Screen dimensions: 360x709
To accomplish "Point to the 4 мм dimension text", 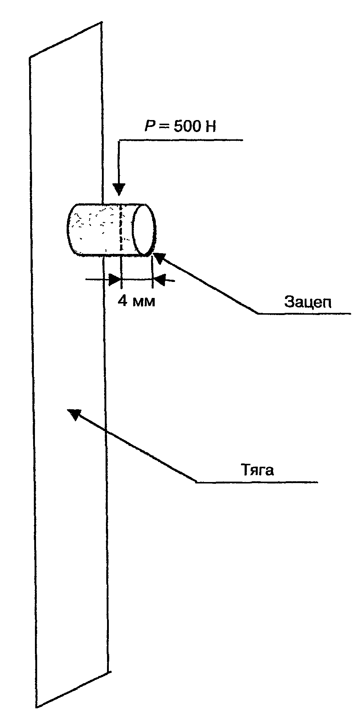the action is [x=137, y=301].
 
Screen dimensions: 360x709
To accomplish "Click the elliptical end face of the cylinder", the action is [x=144, y=229].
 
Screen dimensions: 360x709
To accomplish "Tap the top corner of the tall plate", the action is [x=100, y=23].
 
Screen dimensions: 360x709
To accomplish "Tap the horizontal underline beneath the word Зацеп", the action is [x=304, y=313].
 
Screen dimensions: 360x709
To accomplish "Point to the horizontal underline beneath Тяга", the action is [x=257, y=482].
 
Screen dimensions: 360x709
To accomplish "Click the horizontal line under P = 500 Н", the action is [x=180, y=140].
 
